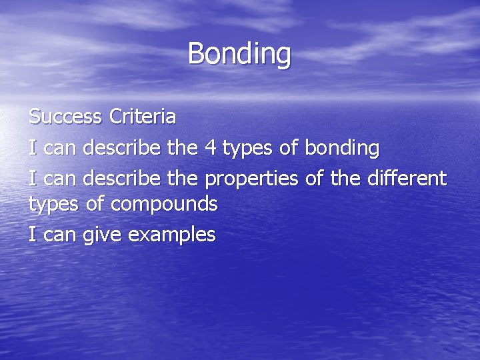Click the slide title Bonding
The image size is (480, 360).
coord(239,53)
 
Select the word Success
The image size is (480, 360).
coord(65,117)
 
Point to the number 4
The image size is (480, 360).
coord(209,147)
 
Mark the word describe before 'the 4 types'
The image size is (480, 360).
coord(123,147)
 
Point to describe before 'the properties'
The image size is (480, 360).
coord(123,177)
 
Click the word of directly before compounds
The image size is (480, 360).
coord(95,204)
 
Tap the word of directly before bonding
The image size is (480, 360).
coord(288,147)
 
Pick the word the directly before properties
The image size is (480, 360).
coord(182,177)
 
